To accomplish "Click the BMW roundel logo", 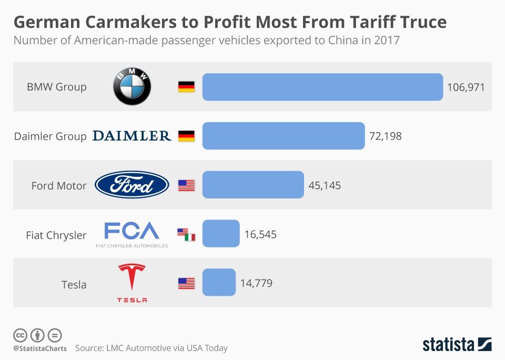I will click(x=132, y=87).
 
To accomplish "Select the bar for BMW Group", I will click(x=322, y=87).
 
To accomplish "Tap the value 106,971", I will click(x=466, y=87).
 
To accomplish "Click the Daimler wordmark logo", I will click(x=132, y=136).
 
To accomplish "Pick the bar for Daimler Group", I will click(x=284, y=136).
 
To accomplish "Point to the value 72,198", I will click(x=386, y=136).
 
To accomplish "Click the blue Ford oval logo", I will click(x=132, y=185).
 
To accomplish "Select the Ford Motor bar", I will click(x=253, y=185).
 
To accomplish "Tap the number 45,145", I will click(x=325, y=185).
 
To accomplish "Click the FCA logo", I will click(x=132, y=234).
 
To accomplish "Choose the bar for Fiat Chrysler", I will click(x=221, y=234).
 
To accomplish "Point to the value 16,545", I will click(x=260, y=234).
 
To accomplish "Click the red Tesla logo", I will click(x=132, y=283).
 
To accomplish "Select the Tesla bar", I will click(x=219, y=283).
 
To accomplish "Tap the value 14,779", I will click(x=256, y=283).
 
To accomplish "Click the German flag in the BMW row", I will click(x=186, y=87).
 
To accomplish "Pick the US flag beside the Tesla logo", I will click(x=186, y=283).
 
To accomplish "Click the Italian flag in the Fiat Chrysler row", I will click(x=190, y=237).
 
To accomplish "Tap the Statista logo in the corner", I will click(x=457, y=345).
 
